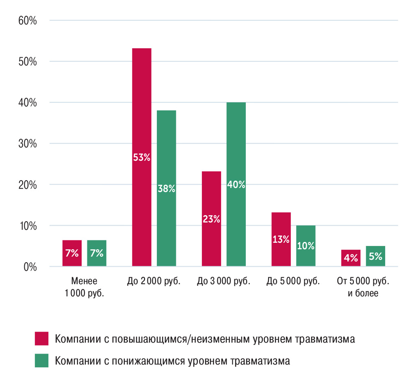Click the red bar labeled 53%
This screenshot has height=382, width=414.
coord(142,157)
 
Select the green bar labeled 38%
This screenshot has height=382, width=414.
coord(166,188)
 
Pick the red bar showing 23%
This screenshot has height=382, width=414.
coord(211,219)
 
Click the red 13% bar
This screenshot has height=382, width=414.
coord(281,239)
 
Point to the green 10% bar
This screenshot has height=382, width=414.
coord(306,246)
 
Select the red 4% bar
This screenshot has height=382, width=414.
coord(351,258)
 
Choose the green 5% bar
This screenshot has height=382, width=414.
coord(375,256)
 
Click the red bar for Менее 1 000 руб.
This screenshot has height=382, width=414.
coord(72,253)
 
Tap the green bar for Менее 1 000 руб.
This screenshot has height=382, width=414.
coord(97,253)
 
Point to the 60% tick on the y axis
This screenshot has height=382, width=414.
coord(28,21)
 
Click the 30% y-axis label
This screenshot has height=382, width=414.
coord(28,144)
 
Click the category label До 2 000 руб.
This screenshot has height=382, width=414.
coord(154,281)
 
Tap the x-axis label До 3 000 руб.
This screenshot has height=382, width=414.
coord(223,281)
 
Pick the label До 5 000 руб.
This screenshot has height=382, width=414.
coord(293,281)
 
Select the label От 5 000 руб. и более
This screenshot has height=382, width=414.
coord(363,287)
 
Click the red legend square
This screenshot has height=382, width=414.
coord(41,339)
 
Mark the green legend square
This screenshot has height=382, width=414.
coord(41,360)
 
